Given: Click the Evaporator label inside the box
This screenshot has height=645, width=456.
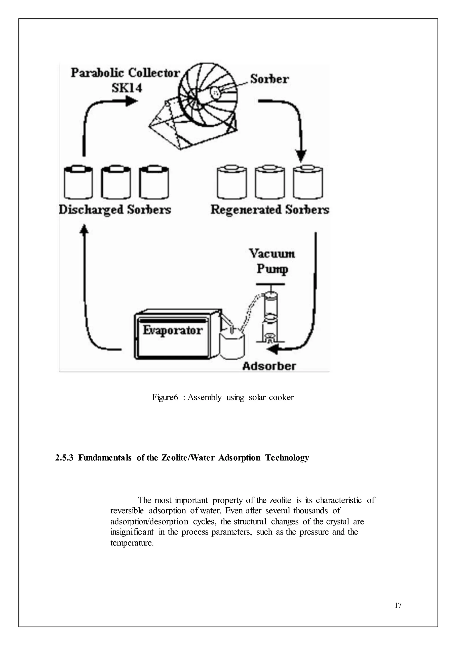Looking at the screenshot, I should [x=172, y=330].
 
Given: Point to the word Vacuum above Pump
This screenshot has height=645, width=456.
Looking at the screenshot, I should [x=272, y=254].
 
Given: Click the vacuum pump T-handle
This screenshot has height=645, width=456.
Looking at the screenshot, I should [x=270, y=284].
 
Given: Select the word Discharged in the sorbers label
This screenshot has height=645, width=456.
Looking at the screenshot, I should [x=91, y=210].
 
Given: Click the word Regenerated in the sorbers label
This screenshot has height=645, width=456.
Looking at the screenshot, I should [x=246, y=210].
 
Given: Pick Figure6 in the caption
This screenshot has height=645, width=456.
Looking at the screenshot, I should [x=165, y=398].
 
